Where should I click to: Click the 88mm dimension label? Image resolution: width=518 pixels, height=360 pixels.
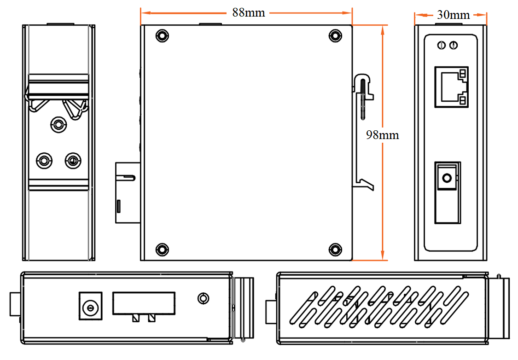[249, 12]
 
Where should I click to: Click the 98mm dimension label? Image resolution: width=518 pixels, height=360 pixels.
[382, 135]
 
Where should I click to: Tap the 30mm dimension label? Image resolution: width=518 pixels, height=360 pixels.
[453, 15]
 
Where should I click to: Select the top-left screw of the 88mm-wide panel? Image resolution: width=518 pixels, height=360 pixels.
[161, 36]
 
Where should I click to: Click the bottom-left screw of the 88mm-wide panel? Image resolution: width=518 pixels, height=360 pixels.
[161, 249]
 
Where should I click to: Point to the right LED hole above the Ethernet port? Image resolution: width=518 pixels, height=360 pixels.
[454, 45]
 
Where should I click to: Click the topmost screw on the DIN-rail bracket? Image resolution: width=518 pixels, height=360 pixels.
[58, 123]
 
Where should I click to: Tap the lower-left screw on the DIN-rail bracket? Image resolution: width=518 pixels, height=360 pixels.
[44, 161]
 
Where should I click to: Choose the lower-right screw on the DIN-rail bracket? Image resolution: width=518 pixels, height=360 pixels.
[72, 161]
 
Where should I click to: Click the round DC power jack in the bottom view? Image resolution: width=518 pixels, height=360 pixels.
[90, 305]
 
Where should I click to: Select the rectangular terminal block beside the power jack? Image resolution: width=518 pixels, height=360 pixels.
[144, 303]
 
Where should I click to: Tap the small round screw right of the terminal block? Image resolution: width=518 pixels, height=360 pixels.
[203, 298]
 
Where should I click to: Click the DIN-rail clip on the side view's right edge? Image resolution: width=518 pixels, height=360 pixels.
[364, 131]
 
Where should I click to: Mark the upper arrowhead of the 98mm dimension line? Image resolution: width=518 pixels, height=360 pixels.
[382, 29]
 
